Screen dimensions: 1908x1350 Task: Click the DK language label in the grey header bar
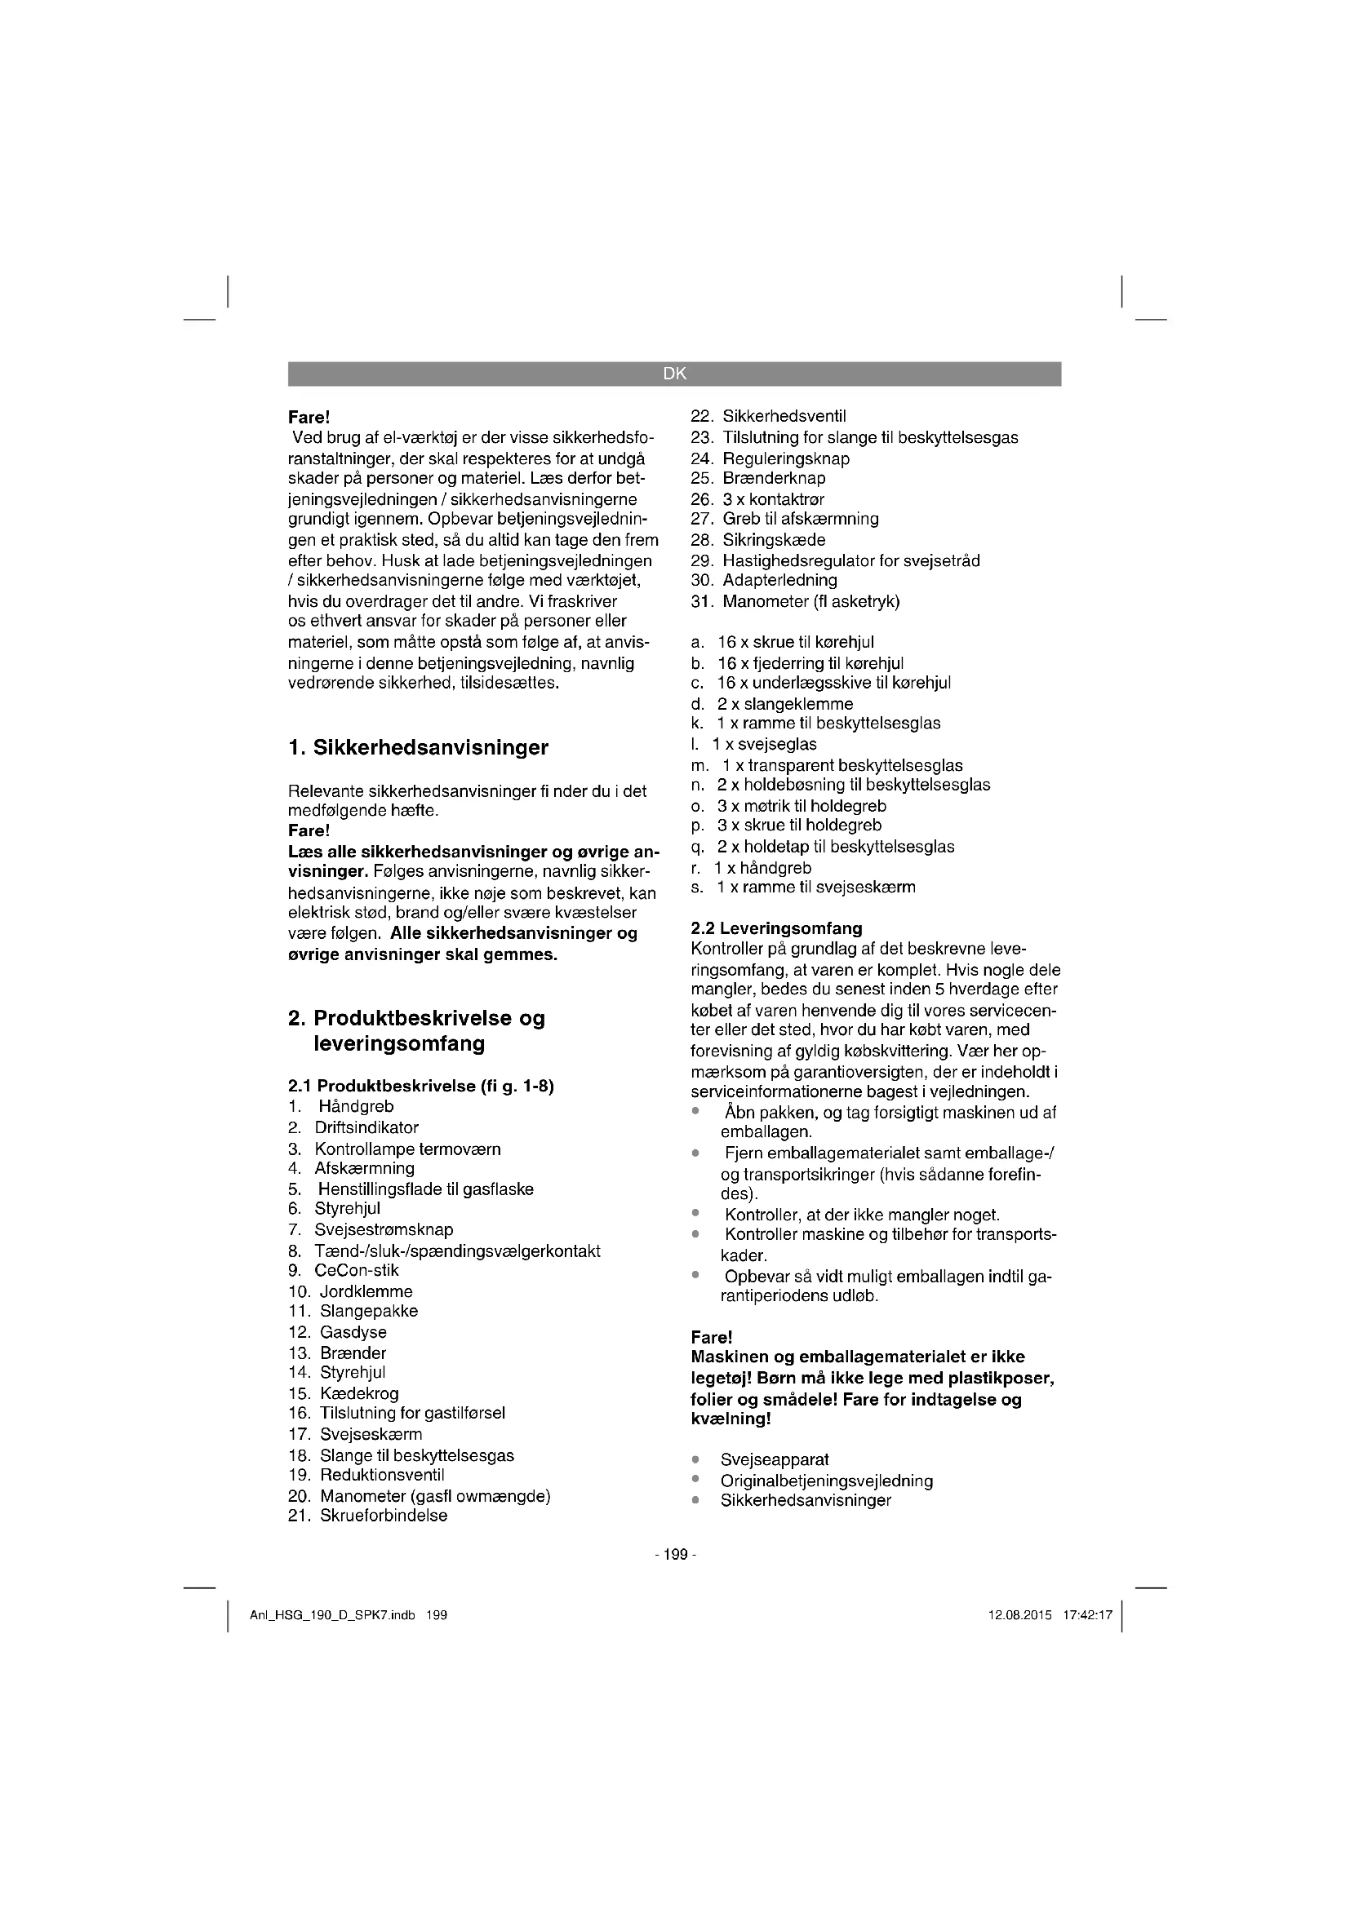tap(674, 374)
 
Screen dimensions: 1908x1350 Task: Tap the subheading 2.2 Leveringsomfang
tap(776, 928)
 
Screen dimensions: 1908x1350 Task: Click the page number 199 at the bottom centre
tap(675, 1554)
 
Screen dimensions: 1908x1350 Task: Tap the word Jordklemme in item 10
tap(366, 1291)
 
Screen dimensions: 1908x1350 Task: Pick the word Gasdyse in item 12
tap(353, 1332)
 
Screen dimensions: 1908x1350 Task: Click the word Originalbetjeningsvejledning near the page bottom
tap(826, 1481)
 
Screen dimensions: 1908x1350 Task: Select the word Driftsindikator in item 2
tap(366, 1127)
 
